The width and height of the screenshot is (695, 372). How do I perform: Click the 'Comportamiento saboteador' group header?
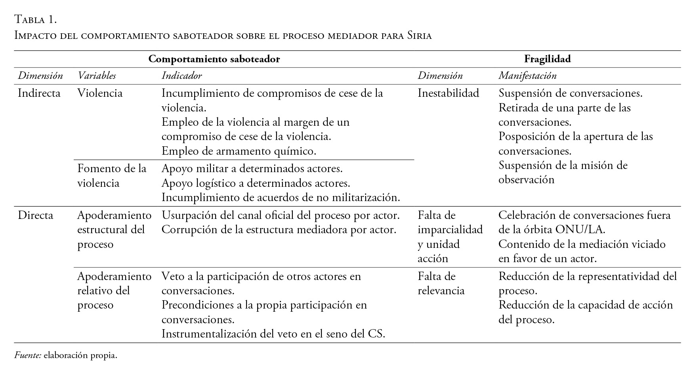214,59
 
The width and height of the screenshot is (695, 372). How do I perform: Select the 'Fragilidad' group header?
547,59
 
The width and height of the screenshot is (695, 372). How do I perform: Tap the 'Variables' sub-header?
97,76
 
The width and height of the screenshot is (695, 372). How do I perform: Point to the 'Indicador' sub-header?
181,76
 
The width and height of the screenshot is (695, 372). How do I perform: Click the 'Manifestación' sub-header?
527,76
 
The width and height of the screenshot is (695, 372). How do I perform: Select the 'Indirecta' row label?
39,93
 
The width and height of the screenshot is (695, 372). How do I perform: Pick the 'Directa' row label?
35,215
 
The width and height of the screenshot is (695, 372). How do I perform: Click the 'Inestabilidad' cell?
448,93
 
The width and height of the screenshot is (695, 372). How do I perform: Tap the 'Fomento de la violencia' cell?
112,176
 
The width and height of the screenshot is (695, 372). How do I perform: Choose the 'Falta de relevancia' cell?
441,284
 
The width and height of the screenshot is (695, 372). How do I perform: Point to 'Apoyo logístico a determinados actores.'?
256,183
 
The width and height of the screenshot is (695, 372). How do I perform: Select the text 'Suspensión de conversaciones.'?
570,93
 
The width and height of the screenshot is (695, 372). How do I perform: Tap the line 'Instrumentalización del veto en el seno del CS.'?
273,334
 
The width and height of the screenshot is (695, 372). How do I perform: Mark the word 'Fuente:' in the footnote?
28,355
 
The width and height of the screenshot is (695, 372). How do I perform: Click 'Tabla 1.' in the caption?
36,19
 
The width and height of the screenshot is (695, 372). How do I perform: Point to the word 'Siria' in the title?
419,36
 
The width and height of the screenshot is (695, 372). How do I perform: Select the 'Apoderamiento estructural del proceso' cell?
114,230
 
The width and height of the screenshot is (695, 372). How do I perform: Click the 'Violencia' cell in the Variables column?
100,93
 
